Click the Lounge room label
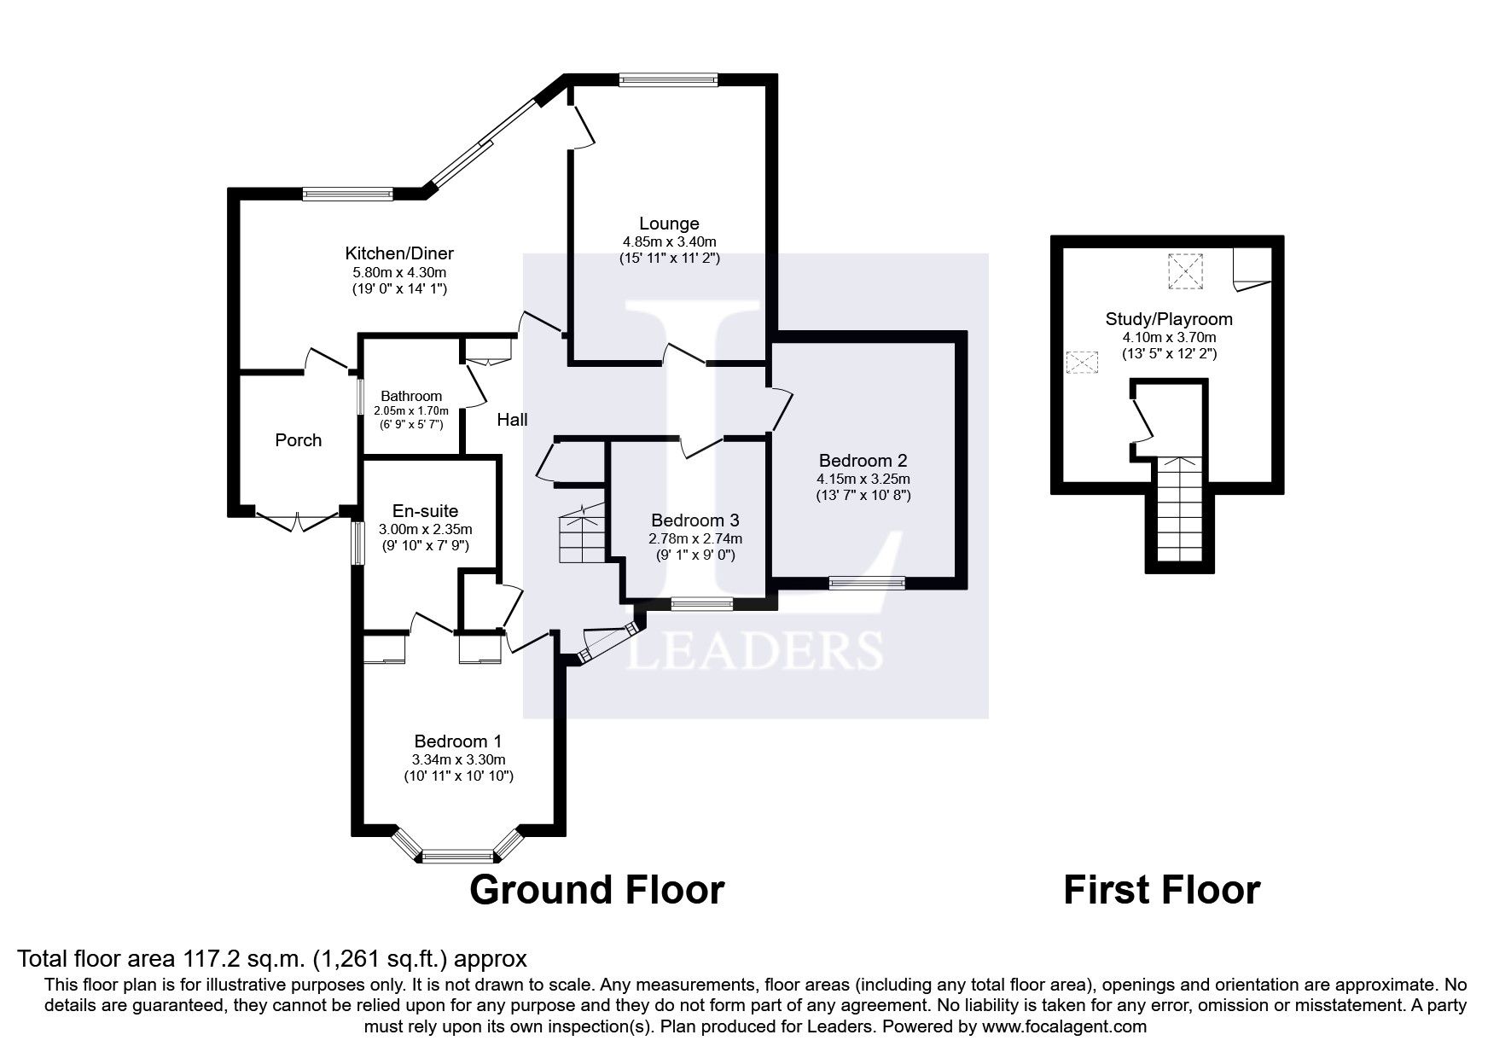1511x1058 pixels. pos(669,224)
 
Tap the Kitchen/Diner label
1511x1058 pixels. pos(399,253)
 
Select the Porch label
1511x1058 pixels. pos(299,440)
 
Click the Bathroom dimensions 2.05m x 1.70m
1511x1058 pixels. pos(411,410)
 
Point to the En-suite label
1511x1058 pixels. pos(425,511)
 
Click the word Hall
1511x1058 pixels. pos(513,420)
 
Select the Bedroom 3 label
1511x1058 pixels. pos(695,520)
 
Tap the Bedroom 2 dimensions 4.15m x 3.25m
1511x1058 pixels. pos(863,479)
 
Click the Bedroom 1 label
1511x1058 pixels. pos(458,741)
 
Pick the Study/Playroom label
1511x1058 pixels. pos(1169,319)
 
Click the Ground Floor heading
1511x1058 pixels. pos(597,890)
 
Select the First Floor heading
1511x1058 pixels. pos(1161,890)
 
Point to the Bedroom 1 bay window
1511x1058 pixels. pos(458,846)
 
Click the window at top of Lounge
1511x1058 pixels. pos(669,79)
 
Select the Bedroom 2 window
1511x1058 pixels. pos(867,583)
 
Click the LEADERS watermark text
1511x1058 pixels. pos(755,650)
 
